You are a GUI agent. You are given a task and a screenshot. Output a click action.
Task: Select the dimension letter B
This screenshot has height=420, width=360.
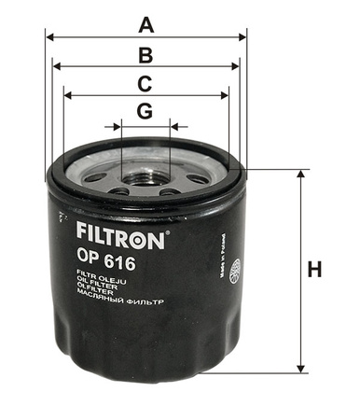pos(145,53)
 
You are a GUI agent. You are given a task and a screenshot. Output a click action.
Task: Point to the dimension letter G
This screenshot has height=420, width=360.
pos(145,111)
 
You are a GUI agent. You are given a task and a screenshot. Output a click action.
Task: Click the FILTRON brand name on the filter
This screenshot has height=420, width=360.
pos(118,235)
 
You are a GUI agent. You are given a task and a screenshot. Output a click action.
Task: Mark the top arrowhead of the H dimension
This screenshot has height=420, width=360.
pos(300,175)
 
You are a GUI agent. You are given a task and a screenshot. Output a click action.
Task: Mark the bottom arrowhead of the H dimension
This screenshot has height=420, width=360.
pos(300,368)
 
